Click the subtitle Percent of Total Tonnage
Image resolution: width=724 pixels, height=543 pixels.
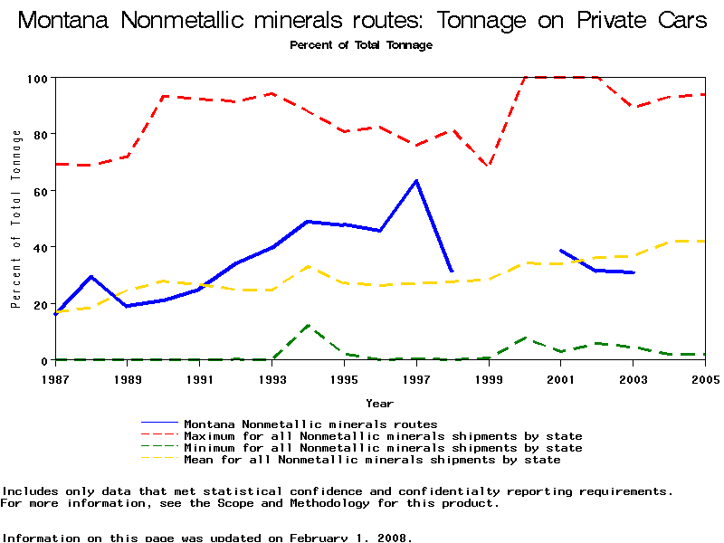[361, 45]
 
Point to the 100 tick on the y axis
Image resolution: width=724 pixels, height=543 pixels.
[35, 78]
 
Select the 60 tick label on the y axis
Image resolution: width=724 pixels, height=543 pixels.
[39, 191]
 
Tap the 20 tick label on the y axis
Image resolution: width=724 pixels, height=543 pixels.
[39, 304]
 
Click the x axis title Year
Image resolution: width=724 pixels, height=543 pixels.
[379, 403]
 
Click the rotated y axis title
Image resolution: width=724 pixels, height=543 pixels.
[16, 219]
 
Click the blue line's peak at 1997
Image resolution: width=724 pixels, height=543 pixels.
[416, 181]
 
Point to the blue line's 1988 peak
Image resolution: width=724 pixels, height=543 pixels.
[90, 277]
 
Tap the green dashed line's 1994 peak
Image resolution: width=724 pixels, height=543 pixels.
[309, 326]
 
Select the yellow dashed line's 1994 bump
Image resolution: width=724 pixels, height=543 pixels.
[309, 266]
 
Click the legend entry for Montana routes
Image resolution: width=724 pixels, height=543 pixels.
[310, 424]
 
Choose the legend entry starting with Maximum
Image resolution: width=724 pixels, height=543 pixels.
[382, 436]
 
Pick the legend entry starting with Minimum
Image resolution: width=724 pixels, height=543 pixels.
[382, 448]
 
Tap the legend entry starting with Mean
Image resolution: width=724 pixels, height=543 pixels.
[371, 460]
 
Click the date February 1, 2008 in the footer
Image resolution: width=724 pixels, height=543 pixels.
[349, 538]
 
